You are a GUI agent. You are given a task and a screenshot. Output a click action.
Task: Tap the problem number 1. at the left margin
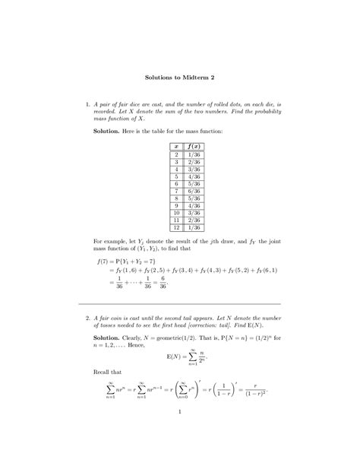pos(88,101)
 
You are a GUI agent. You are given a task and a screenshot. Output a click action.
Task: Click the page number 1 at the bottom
pos(180,435)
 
